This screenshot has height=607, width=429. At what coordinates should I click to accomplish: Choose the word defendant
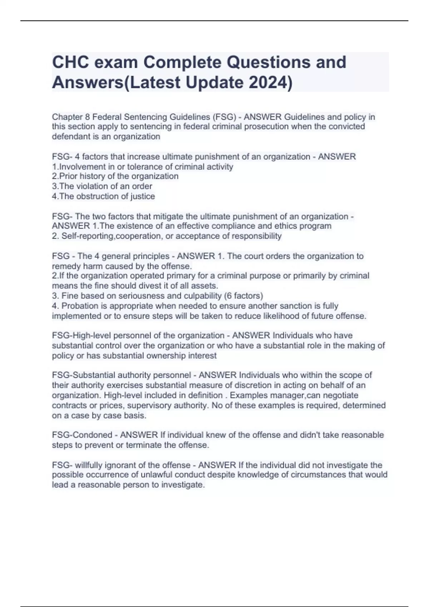70,136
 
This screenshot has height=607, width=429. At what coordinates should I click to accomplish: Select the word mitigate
168,216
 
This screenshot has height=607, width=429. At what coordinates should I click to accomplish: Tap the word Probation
80,306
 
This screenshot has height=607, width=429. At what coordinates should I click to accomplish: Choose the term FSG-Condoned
82,435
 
